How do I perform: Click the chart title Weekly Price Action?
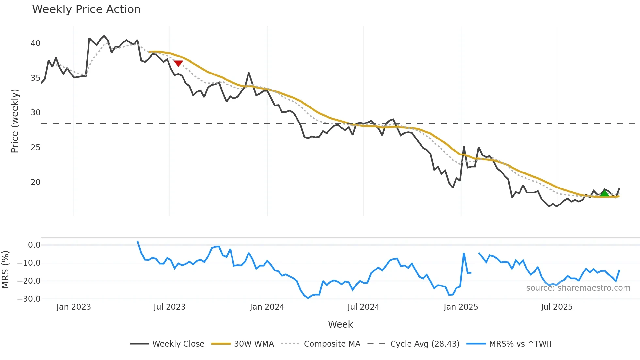tap(86, 9)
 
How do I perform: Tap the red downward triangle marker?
tap(178, 63)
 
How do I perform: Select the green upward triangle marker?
tap(604, 193)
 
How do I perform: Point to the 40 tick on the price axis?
tap(35, 43)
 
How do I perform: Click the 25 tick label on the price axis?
tap(35, 148)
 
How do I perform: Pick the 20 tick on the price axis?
tap(35, 182)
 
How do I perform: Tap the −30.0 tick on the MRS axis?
tap(29, 299)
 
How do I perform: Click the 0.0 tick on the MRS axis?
tap(34, 245)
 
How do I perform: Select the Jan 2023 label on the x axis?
tap(74, 307)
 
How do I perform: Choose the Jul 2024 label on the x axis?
tap(363, 307)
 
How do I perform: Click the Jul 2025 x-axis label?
tap(557, 307)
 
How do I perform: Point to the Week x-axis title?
tap(340, 324)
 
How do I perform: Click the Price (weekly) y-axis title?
tap(15, 121)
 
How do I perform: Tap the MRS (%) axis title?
tap(5, 270)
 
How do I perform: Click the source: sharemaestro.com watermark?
tap(578, 288)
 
